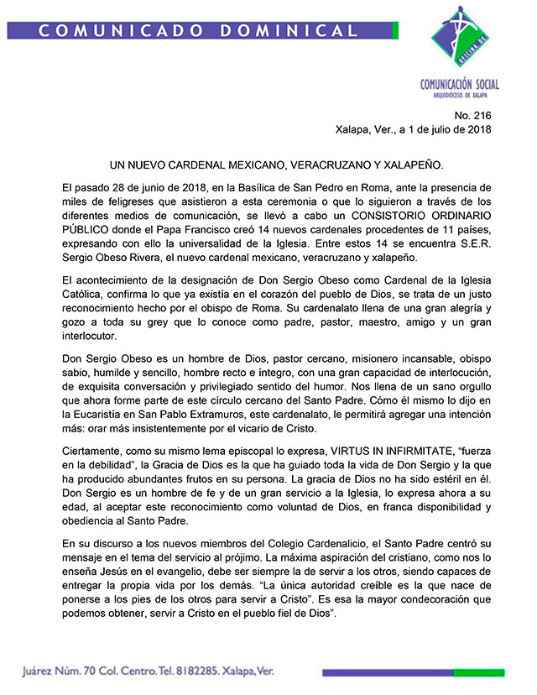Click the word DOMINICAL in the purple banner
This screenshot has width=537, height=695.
pos(300,30)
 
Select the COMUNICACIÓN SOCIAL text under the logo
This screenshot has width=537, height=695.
pos(459,84)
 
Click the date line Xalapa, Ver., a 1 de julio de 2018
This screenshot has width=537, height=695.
pos(412,129)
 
